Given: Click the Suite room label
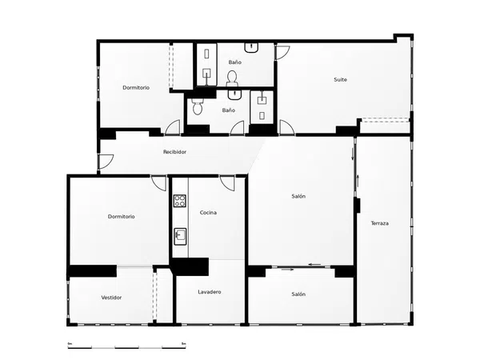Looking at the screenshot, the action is pos(340,79).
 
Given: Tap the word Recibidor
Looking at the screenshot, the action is pos(174,152).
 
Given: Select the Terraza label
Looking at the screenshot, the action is pos(379,223).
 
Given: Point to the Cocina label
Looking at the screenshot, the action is pos(208,213).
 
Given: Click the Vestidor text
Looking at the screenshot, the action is pos(111,298).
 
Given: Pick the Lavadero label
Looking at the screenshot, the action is pos(210,292).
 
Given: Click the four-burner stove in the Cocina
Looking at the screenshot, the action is pos(180,201).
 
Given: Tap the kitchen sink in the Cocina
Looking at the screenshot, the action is pos(180,236).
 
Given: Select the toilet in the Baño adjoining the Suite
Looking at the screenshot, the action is pos(232,78).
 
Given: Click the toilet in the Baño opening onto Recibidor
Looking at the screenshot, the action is pos(197,106).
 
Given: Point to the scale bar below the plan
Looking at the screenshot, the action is pos(127,347).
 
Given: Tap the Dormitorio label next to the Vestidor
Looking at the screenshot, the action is pos(122,217).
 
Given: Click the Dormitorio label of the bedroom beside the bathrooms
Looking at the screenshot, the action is pos(136,87).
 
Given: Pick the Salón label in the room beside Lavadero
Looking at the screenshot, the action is pos(298,294).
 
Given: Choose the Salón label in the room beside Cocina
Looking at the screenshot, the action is pos(298,196).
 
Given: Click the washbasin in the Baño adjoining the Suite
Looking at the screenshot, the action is pos(251,48).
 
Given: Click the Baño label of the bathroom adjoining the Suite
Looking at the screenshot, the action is pos(234,62).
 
